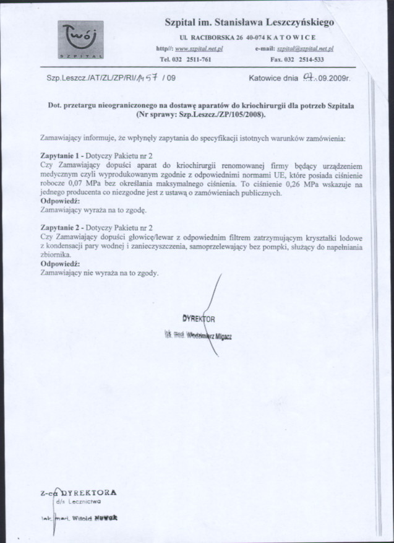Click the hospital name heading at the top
(249, 22)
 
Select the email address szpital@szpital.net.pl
(305, 48)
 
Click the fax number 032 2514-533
(306, 59)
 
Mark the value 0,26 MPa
(294, 184)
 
